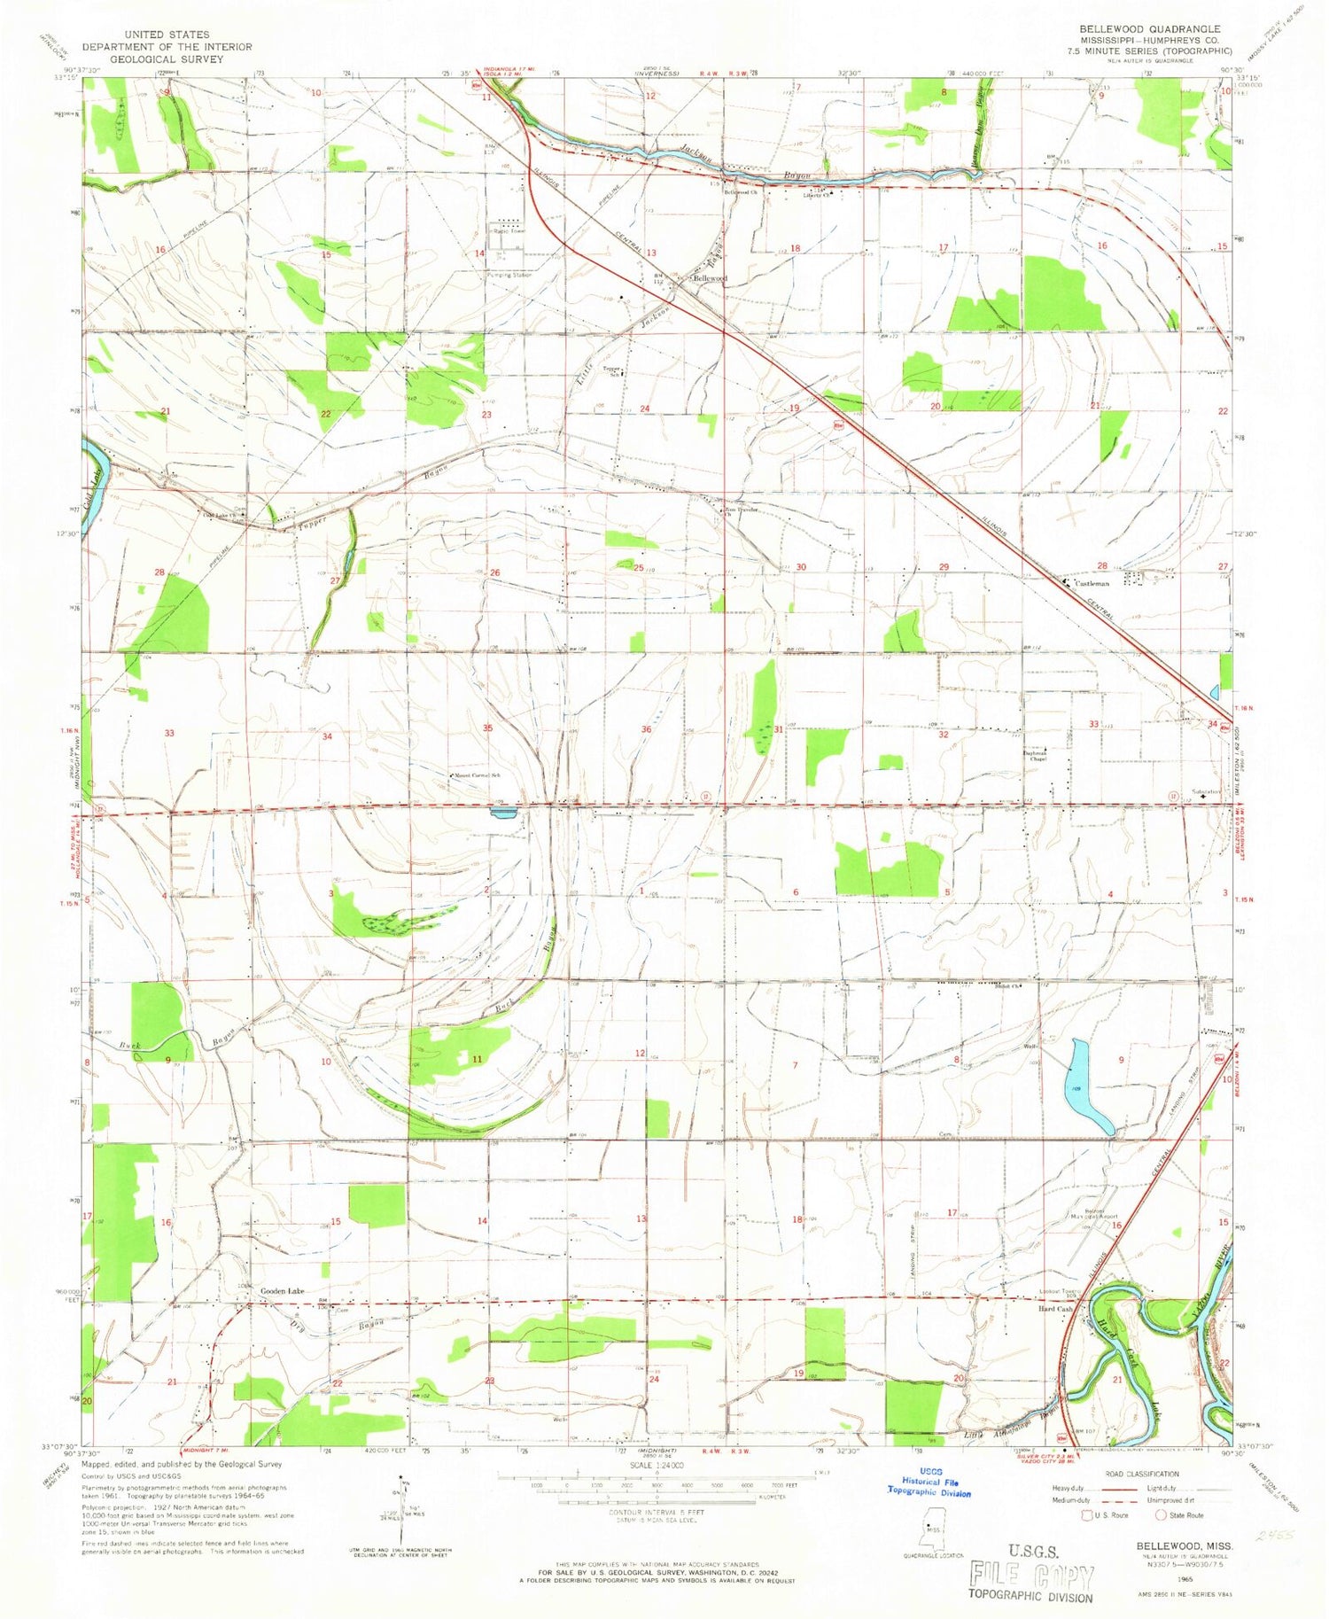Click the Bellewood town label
point(710,278)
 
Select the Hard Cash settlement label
point(1056,1309)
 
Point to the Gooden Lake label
point(282,1292)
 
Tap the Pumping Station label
point(509,275)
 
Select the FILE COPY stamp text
point(1031,1576)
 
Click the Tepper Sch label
point(611,370)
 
